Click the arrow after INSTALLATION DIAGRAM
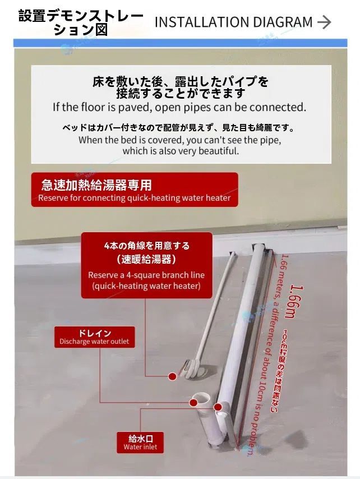(324, 22)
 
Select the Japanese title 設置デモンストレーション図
(81, 22)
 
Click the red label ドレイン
(94, 333)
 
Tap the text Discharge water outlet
(94, 342)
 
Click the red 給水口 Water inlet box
(141, 443)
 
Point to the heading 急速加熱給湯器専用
(96, 185)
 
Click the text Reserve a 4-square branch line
(146, 275)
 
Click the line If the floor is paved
(179, 107)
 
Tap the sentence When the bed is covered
(179, 140)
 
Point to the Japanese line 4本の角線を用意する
(147, 245)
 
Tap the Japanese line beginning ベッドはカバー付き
(179, 128)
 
